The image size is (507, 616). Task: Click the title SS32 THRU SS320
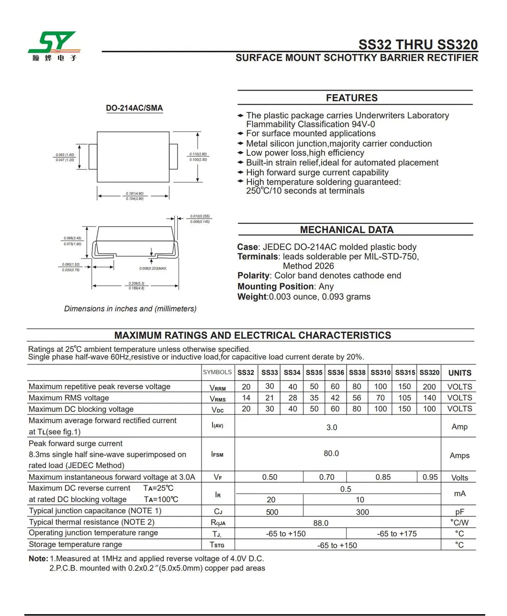(417, 45)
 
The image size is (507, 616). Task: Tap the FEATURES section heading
(351, 98)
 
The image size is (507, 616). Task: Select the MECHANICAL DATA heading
(347, 230)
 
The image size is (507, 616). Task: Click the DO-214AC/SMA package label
(134, 108)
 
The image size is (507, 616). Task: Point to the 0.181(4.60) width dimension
(135, 194)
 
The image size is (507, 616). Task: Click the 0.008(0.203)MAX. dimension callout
(153, 268)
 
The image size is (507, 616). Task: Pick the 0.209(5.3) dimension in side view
(136, 283)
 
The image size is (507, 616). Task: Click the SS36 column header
(336, 372)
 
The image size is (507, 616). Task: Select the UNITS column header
(460, 373)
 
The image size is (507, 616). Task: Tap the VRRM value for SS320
(429, 387)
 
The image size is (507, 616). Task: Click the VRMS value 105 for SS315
(405, 398)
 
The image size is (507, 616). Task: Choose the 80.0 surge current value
(331, 453)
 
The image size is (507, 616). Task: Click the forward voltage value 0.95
(430, 477)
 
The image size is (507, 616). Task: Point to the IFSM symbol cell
(217, 453)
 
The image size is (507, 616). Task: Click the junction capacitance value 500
(272, 512)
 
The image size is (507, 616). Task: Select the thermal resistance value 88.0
(321, 523)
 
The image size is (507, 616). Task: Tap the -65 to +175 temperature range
(397, 534)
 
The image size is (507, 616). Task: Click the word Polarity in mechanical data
(253, 276)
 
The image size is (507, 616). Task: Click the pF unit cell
(460, 512)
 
